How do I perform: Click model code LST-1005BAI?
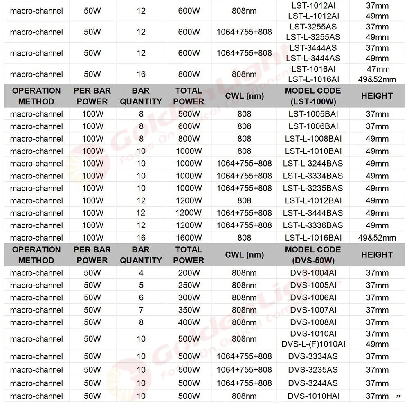pyautogui.click(x=313, y=114)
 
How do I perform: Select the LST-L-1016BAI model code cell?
pyautogui.click(x=313, y=238)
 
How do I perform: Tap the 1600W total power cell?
pyautogui.click(x=189, y=238)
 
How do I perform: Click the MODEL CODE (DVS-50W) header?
pyautogui.click(x=313, y=254)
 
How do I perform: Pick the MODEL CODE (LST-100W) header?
pyautogui.click(x=313, y=96)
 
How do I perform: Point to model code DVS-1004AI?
pyautogui.click(x=313, y=273)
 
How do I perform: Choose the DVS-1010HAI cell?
pyautogui.click(x=313, y=396)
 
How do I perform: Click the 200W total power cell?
pyautogui.click(x=189, y=273)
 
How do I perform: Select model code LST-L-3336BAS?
pyautogui.click(x=313, y=225)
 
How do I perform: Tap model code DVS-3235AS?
pyautogui.click(x=313, y=370)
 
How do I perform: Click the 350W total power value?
pyautogui.click(x=189, y=310)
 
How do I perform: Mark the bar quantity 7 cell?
pyautogui.click(x=141, y=310)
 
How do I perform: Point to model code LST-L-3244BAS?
pyautogui.click(x=313, y=164)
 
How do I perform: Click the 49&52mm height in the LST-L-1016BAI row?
pyautogui.click(x=377, y=238)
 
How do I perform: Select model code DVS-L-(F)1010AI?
pyautogui.click(x=313, y=344)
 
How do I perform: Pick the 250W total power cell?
pyautogui.click(x=189, y=285)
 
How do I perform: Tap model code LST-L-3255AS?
pyautogui.click(x=314, y=37)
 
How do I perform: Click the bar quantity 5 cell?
pyautogui.click(x=141, y=285)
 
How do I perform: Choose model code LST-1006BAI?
pyautogui.click(x=313, y=126)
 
